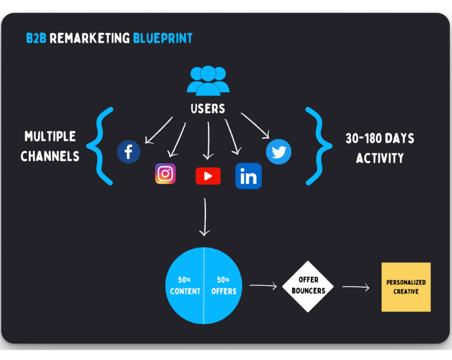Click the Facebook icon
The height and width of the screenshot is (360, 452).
[128, 152]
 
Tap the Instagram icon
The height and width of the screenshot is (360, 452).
[165, 173]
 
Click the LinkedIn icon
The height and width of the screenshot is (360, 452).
[249, 176]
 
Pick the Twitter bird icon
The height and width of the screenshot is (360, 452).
[279, 152]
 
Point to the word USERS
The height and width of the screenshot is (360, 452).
[208, 108]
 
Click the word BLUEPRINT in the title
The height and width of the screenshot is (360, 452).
[163, 38]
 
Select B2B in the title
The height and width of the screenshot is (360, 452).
[36, 38]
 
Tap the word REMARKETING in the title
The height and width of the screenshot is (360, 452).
[90, 38]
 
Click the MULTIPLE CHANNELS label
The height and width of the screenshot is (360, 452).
[49, 146]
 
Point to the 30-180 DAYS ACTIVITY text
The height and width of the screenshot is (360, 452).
[380, 148]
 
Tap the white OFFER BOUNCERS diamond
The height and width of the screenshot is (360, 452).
[308, 285]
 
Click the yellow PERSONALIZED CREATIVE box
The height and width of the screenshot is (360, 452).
[406, 287]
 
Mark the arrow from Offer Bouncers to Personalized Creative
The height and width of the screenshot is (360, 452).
[356, 287]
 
